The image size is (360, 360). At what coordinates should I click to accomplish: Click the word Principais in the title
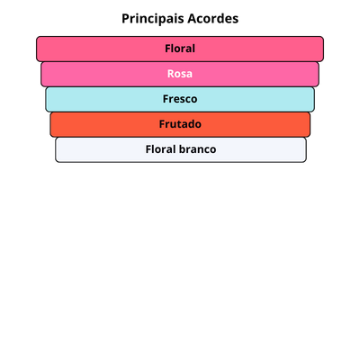[153, 19]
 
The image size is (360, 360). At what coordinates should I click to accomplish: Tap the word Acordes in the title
[213, 19]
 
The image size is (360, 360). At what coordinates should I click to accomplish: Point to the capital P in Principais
[125, 19]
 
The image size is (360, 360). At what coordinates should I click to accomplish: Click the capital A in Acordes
[193, 19]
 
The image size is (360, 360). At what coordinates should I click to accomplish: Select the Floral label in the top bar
[180, 49]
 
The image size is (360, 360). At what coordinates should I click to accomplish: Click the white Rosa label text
[180, 74]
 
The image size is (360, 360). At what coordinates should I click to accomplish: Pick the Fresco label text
[180, 99]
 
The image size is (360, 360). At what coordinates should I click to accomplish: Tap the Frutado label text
[180, 124]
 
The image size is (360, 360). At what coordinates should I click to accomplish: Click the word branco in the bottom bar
[199, 149]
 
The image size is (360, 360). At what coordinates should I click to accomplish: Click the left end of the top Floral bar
[37, 49]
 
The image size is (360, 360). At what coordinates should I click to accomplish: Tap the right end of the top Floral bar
[323, 49]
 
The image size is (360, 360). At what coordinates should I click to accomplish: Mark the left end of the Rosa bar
[41, 74]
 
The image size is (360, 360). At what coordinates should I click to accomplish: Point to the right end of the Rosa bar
[319, 74]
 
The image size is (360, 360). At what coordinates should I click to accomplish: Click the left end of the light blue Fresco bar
[46, 99]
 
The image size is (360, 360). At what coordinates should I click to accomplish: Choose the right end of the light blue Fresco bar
[314, 99]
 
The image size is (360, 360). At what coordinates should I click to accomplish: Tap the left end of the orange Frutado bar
[50, 124]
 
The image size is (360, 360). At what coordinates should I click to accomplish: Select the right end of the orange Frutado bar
[310, 124]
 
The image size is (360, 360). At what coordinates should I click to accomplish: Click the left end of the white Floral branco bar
[56, 149]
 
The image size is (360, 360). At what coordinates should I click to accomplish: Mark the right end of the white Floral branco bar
[306, 149]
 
